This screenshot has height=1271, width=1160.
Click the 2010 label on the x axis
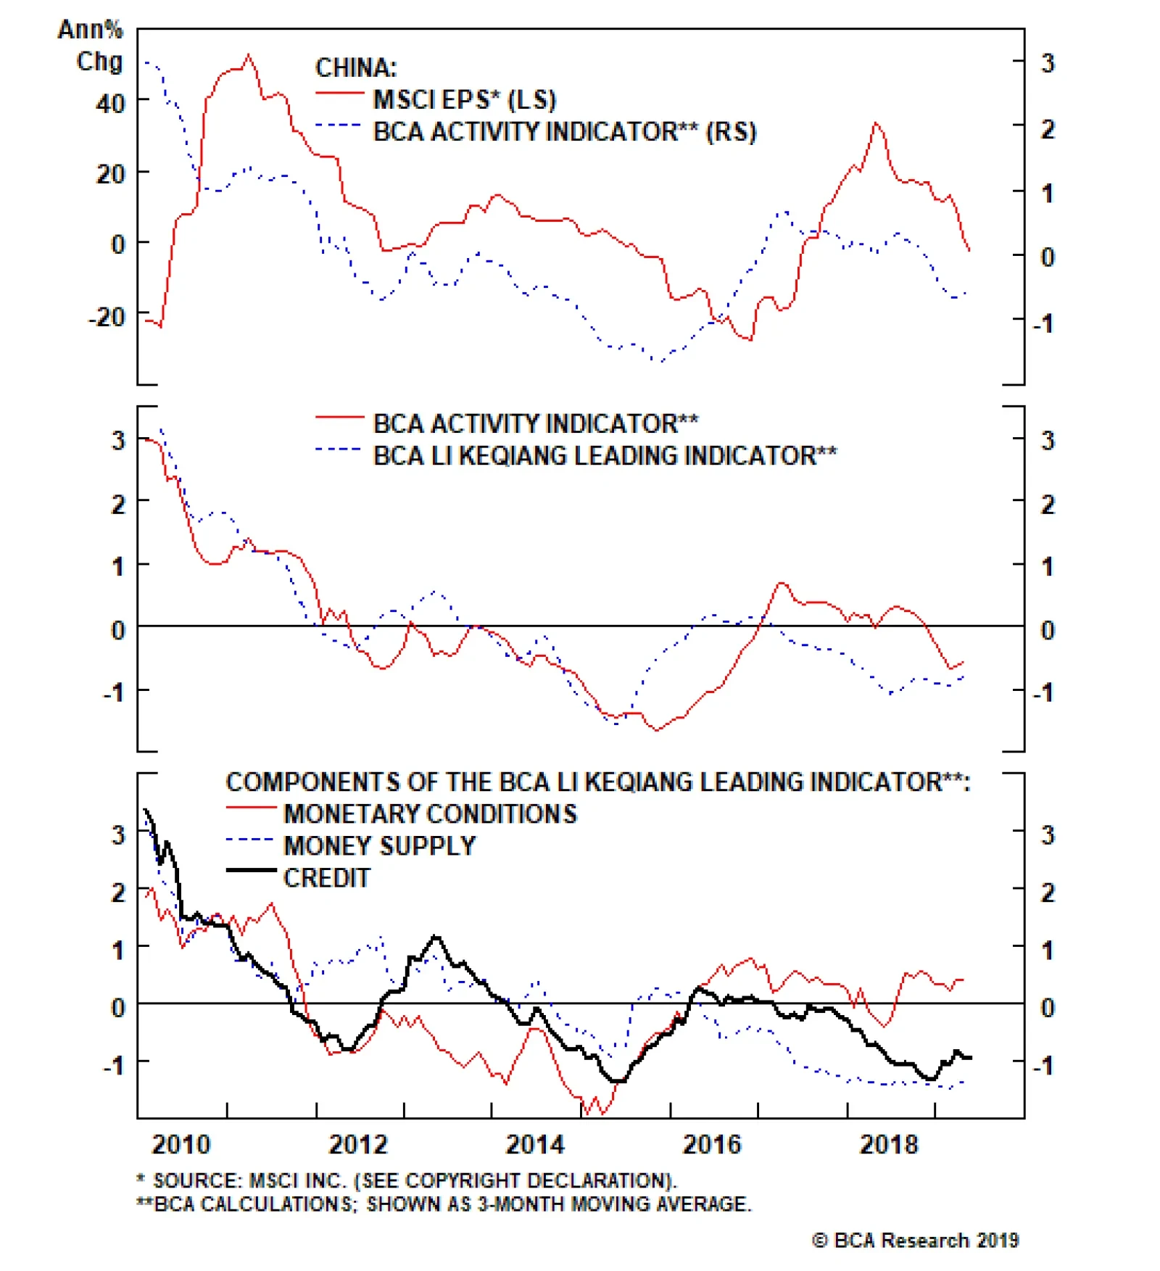[181, 1144]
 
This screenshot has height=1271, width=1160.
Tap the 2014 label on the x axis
[534, 1144]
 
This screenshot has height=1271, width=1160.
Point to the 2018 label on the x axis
[888, 1144]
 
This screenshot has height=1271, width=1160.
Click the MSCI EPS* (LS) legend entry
[464, 99]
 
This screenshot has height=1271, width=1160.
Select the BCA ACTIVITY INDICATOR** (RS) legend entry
[564, 132]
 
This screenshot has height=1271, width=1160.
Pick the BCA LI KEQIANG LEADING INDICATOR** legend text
[605, 455]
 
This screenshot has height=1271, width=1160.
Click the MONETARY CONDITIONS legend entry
[430, 813]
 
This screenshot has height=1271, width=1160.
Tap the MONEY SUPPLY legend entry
[379, 845]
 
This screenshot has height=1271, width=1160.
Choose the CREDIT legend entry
[326, 877]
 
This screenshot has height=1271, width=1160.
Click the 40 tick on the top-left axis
[110, 103]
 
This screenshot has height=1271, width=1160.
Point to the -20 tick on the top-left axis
[107, 317]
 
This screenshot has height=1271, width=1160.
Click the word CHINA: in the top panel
[356, 67]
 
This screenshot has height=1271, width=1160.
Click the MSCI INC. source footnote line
[407, 1180]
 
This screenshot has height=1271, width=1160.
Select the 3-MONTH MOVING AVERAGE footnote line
[444, 1204]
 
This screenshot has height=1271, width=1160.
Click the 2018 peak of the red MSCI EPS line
[877, 123]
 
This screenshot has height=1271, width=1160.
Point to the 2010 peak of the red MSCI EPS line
[249, 55]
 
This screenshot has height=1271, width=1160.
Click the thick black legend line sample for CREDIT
[251, 870]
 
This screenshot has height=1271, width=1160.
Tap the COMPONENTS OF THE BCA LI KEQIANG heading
[597, 782]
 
